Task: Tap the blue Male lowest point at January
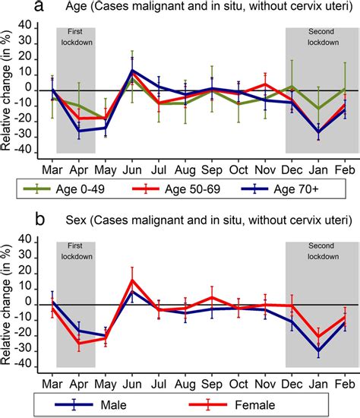pyautogui.click(x=318, y=351)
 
